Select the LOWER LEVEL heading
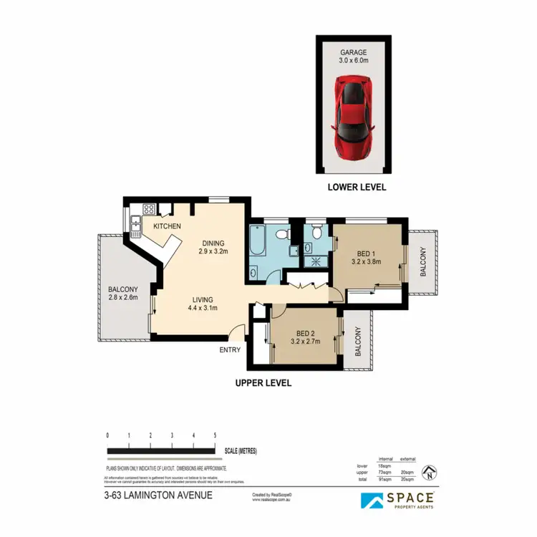[357, 187]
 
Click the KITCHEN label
[166, 226]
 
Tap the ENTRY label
[230, 350]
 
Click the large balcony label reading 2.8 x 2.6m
[122, 297]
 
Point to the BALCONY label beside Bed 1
[422, 262]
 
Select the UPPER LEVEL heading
[263, 383]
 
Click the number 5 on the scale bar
[215, 435]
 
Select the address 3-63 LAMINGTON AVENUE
[158, 495]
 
